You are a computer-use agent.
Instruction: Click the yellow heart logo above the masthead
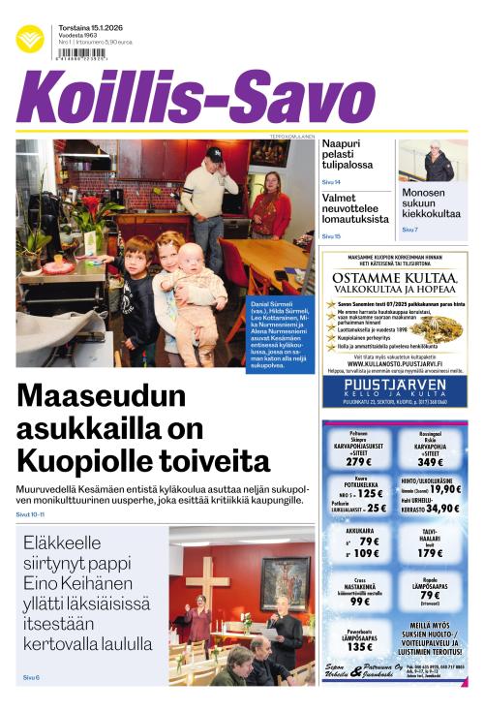[x=30, y=38]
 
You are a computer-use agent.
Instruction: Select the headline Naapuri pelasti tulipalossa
[x=348, y=155]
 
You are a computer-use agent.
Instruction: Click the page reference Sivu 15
[x=331, y=235]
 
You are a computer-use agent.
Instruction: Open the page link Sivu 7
[x=409, y=230]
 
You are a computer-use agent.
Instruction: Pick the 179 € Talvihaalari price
[x=432, y=553]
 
